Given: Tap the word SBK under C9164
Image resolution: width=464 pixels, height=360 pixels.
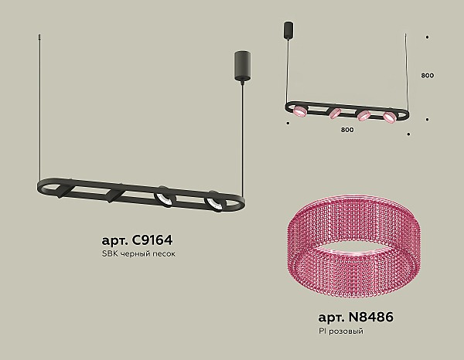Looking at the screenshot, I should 110,253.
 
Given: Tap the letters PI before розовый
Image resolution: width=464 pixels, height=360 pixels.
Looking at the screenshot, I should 322,331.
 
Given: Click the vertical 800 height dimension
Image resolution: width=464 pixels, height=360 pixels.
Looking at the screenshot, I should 428,76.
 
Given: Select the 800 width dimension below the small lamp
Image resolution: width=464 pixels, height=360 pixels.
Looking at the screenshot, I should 346,129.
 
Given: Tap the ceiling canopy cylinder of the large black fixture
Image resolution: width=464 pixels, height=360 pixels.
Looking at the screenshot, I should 240,65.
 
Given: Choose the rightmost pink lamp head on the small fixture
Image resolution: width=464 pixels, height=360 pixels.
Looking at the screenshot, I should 389,117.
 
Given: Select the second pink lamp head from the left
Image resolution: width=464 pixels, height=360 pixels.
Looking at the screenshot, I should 335,114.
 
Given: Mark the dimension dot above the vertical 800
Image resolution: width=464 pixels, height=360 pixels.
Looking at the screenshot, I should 428,36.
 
